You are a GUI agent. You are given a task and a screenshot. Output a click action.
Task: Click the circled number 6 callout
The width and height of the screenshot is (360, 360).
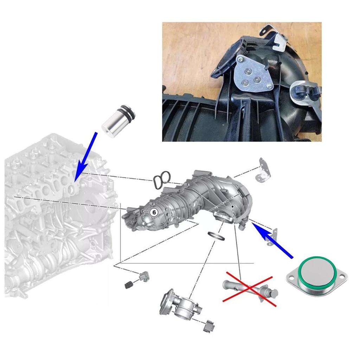pos(153,212)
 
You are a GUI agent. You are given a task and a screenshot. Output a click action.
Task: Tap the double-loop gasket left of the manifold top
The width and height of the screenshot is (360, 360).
pos(161,178)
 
